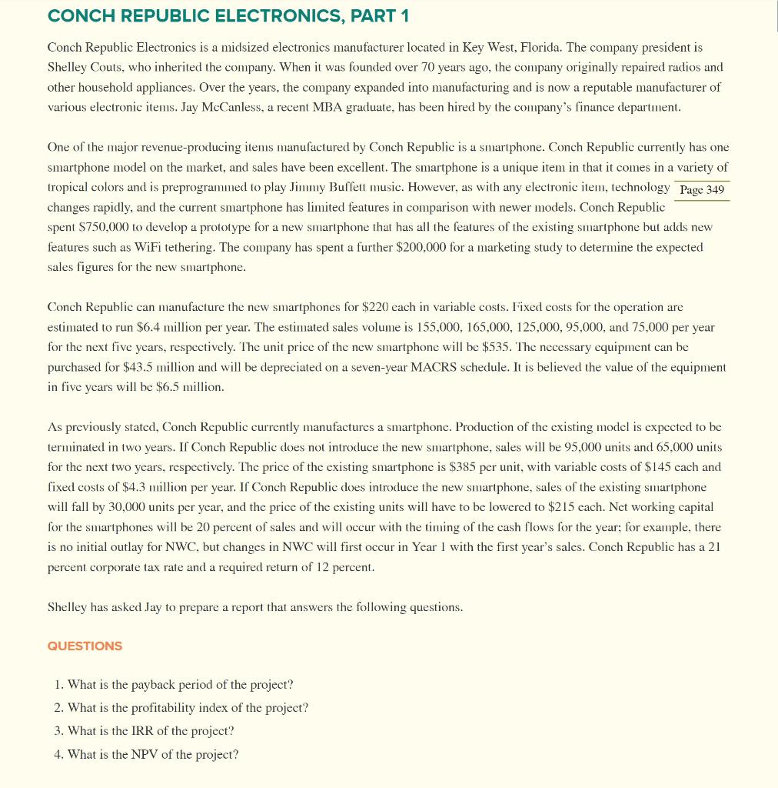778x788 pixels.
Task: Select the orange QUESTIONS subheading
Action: [x=85, y=646]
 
